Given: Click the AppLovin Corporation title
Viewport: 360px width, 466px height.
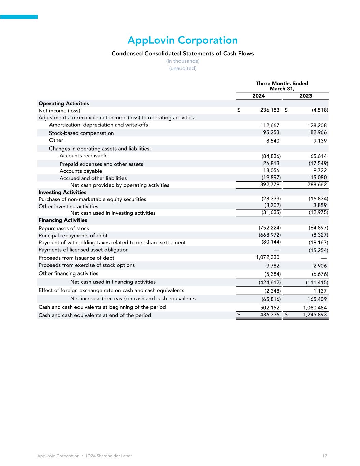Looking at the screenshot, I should (x=183, y=40).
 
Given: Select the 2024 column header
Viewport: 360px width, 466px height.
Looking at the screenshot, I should (x=258, y=96).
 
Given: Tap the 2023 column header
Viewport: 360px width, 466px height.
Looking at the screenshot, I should (x=305, y=96).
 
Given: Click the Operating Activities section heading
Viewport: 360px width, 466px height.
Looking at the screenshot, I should (x=64, y=103).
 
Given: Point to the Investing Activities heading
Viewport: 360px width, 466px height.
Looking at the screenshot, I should (x=62, y=192).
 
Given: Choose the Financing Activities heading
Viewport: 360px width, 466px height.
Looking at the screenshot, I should (x=63, y=220).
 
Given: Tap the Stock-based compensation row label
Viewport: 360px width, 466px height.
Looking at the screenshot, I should (x=81, y=133).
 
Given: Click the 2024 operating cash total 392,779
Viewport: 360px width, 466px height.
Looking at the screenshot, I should (x=270, y=185).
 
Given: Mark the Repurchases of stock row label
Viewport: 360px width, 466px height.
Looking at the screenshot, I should (x=64, y=228).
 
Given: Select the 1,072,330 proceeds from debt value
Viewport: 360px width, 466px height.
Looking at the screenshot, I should (x=268, y=257).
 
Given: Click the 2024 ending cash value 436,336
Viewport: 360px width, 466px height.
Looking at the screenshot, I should (x=270, y=315).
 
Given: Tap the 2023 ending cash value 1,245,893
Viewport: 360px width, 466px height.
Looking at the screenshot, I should (x=315, y=315).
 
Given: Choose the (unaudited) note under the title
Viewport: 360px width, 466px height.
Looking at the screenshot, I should (x=183, y=68).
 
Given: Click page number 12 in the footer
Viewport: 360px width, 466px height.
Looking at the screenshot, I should (x=325, y=456).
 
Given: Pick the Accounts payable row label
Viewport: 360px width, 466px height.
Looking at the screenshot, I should (x=81, y=171).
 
